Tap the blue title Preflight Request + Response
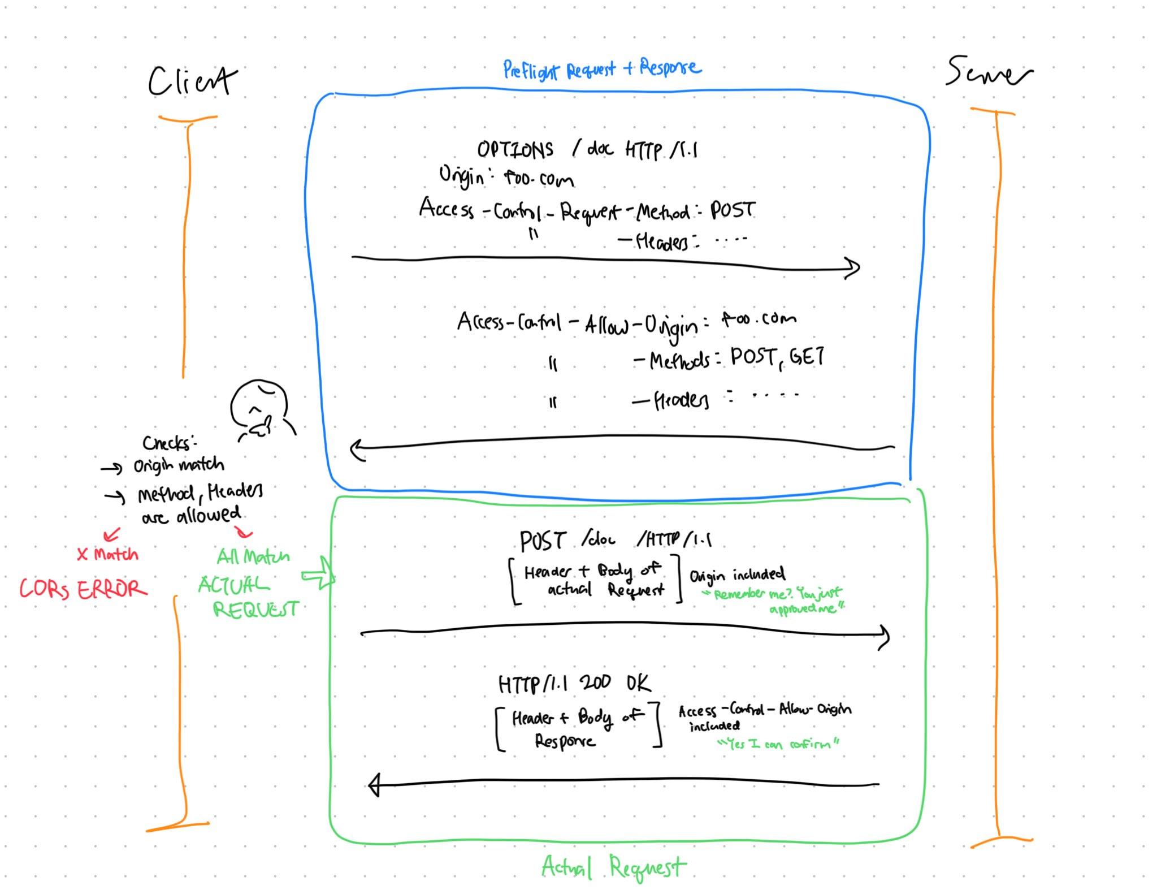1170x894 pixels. [601, 70]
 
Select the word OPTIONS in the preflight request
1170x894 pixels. [515, 150]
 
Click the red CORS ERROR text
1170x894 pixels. [83, 589]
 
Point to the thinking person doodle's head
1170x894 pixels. [259, 403]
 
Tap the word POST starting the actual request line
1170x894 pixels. [543, 541]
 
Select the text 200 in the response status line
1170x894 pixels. [595, 683]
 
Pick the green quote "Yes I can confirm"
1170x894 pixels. [778, 744]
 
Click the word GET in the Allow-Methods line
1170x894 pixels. [807, 357]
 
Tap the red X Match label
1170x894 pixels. [107, 554]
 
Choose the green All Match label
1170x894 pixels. [253, 557]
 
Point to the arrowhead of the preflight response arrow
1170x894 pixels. [357, 450]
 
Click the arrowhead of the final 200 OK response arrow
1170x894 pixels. [374, 785]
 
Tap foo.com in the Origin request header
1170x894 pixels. [538, 179]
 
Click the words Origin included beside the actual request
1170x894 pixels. [737, 575]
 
